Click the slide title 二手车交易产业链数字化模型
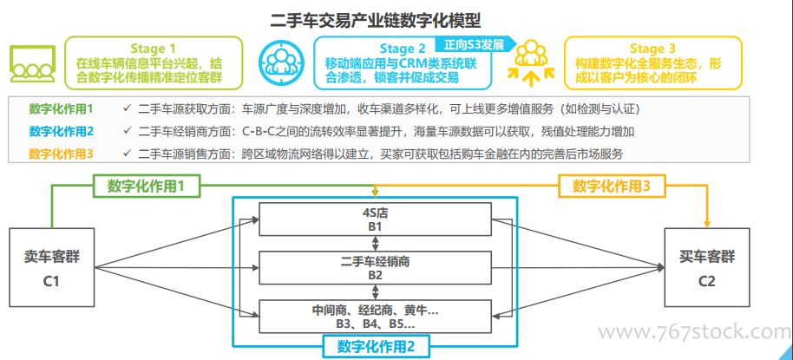tap(376, 20)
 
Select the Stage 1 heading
tap(154, 49)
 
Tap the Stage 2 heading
tap(403, 49)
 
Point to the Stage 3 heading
tap(652, 49)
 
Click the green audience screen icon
tap(33, 63)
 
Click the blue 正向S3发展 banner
tap(476, 44)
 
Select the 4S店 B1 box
tap(375, 219)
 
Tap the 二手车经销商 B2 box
tap(375, 268)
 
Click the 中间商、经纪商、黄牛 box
tap(375, 317)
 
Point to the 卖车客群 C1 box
tap(51, 267)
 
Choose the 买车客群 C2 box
tap(707, 267)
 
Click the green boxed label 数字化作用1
tap(146, 186)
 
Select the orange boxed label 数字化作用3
tap(612, 186)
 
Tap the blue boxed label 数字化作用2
tap(376, 347)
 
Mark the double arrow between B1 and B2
tap(375, 244)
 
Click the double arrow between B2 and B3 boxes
tap(375, 292)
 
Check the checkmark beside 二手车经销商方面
tap(127, 132)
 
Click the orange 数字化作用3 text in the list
tap(62, 154)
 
